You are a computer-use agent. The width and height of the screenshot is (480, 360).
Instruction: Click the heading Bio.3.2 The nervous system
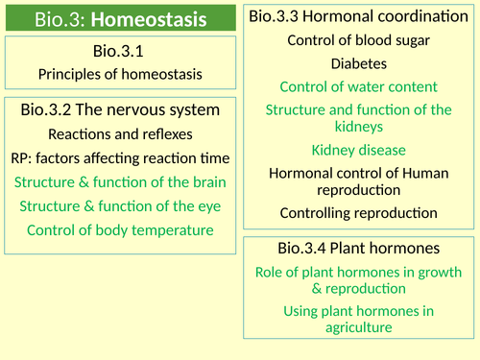coord(120,110)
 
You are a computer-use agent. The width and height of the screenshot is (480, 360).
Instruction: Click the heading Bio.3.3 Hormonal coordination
coord(358,16)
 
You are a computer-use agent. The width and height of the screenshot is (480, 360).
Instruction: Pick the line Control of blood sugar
coord(358,40)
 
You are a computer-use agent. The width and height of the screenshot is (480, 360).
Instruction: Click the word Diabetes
coord(358,63)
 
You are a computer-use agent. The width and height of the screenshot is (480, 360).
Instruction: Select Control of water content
coord(358,87)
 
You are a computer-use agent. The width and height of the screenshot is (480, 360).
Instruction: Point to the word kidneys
coord(358,126)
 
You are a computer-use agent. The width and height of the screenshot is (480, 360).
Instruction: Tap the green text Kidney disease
coord(358,150)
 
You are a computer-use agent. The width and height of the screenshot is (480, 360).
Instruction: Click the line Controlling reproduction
coord(358,212)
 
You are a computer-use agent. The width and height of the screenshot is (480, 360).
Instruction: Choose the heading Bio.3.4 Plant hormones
coord(358,249)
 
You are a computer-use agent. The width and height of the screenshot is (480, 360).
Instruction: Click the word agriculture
coord(358,326)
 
